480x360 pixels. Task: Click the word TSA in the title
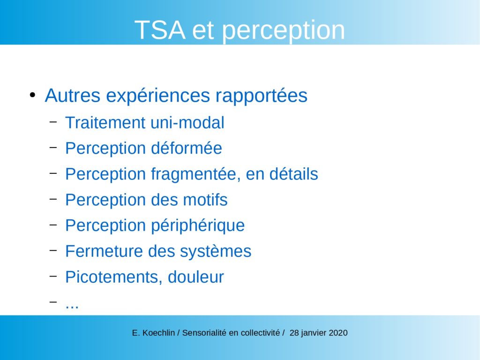(x=160, y=30)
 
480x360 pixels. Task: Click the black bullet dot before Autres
(x=32, y=95)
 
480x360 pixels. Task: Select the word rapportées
(x=261, y=96)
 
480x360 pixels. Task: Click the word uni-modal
(x=187, y=123)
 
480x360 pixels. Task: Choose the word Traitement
(x=105, y=123)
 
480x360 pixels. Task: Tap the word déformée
(x=187, y=148)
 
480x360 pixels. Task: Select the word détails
(x=293, y=174)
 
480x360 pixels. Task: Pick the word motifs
(x=205, y=200)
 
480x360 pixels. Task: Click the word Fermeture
(x=104, y=251)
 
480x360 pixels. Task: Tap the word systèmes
(x=215, y=252)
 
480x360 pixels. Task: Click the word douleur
(x=195, y=277)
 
